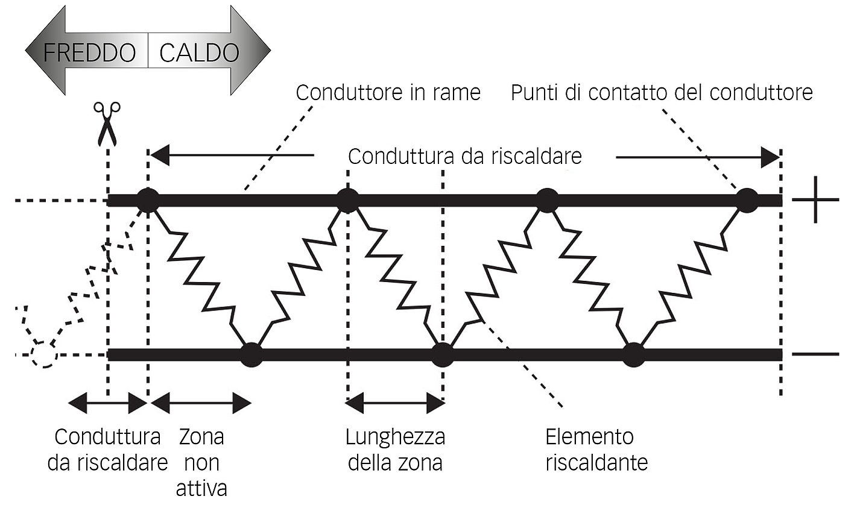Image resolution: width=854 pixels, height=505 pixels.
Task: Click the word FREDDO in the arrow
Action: click(89, 53)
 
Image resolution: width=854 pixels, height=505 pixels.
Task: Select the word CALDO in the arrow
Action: click(199, 53)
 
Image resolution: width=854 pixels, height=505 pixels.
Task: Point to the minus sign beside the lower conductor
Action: click(815, 354)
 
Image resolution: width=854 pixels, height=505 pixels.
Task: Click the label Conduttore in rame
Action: click(388, 93)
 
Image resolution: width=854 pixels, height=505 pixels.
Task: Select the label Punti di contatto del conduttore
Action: click(662, 93)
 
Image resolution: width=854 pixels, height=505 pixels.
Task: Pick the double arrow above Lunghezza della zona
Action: click(395, 403)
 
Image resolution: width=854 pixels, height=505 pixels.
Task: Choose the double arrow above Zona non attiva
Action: click(201, 403)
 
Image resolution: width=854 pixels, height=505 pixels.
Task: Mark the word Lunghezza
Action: click(395, 436)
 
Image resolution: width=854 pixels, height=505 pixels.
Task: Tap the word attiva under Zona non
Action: click(201, 487)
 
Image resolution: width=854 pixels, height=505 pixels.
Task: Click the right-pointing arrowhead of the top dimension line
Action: click(770, 158)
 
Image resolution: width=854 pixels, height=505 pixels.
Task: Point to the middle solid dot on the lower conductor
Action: click(442, 354)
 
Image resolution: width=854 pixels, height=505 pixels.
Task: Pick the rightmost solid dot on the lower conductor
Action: click(633, 354)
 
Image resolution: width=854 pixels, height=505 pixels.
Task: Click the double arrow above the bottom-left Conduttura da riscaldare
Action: click(107, 403)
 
